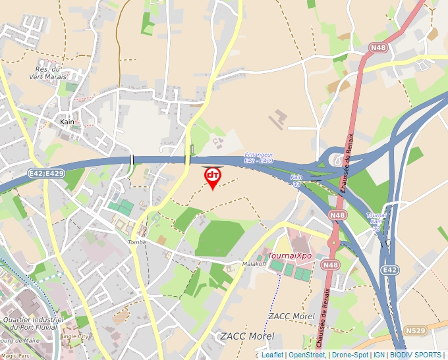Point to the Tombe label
[x=137, y=242]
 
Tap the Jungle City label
[x=74, y=336]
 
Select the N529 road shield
[x=416, y=330]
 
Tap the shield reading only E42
[x=390, y=270]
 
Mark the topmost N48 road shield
[x=378, y=47]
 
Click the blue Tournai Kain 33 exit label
[x=376, y=222]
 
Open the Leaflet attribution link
[x=272, y=355]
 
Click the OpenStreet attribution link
[x=306, y=355]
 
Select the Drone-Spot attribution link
[x=350, y=355]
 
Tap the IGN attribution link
[x=379, y=355]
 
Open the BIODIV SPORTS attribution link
[x=415, y=355]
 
